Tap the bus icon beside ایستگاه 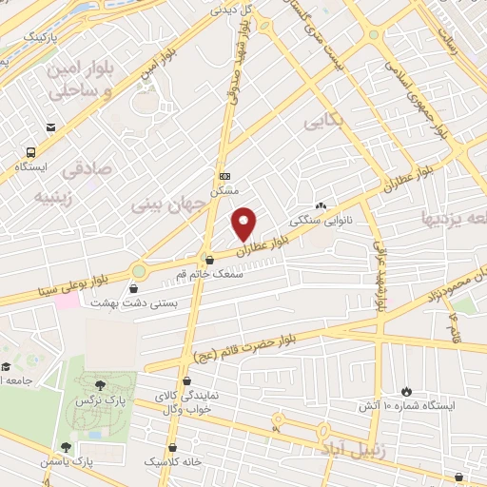click(x=31, y=151)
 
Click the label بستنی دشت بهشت click(x=123, y=302)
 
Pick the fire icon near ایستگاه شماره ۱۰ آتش click(x=407, y=391)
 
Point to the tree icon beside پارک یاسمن click(x=65, y=446)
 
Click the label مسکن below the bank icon click(x=224, y=190)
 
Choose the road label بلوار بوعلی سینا click(x=67, y=284)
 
